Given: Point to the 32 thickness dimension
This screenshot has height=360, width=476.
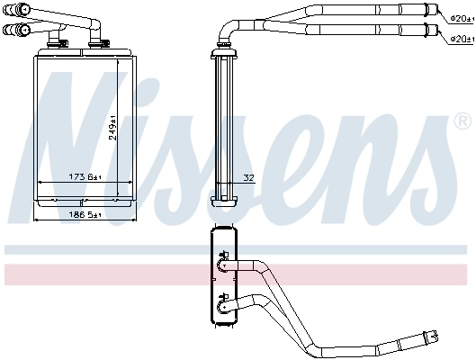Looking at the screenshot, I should pyautogui.click(x=247, y=176).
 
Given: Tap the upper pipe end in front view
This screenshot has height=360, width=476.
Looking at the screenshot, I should pyautogui.click(x=13, y=9).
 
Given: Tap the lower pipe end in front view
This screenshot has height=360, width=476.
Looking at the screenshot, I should pyautogui.click(x=13, y=31).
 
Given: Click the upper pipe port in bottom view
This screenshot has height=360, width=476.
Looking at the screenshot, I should pyautogui.click(x=221, y=265).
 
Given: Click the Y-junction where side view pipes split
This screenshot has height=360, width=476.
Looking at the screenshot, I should pyautogui.click(x=297, y=24).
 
